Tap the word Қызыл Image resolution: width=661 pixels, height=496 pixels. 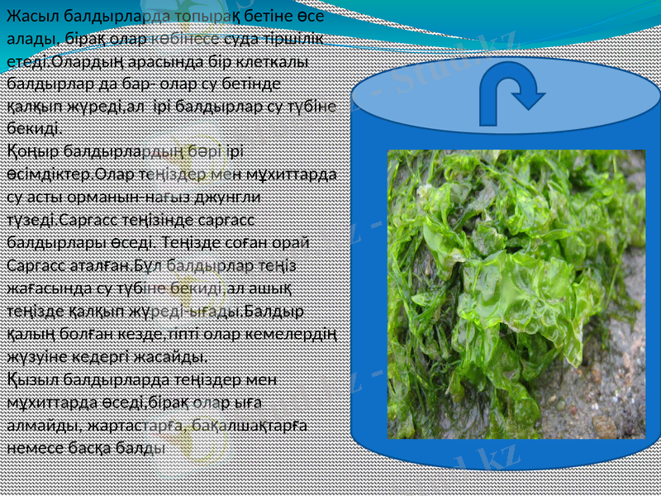pos(31,380)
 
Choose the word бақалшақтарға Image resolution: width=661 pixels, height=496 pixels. pos(247,426)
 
